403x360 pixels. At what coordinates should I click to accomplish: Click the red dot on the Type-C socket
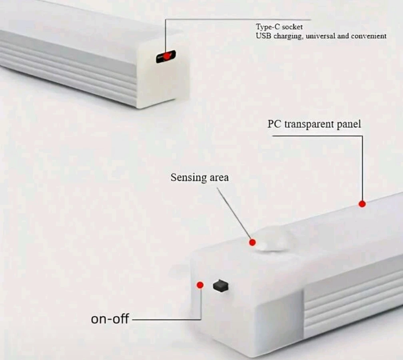pyautogui.click(x=167, y=56)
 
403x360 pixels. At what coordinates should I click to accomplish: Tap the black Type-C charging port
pyautogui.click(x=166, y=56)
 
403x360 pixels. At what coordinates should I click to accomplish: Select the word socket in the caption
pyautogui.click(x=292, y=27)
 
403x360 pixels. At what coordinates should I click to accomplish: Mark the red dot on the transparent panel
pyautogui.click(x=362, y=204)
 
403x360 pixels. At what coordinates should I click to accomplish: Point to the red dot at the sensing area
pyautogui.click(x=252, y=242)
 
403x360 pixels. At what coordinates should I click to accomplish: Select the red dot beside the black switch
pyautogui.click(x=200, y=285)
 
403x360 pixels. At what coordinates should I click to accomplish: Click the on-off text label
pyautogui.click(x=110, y=319)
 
